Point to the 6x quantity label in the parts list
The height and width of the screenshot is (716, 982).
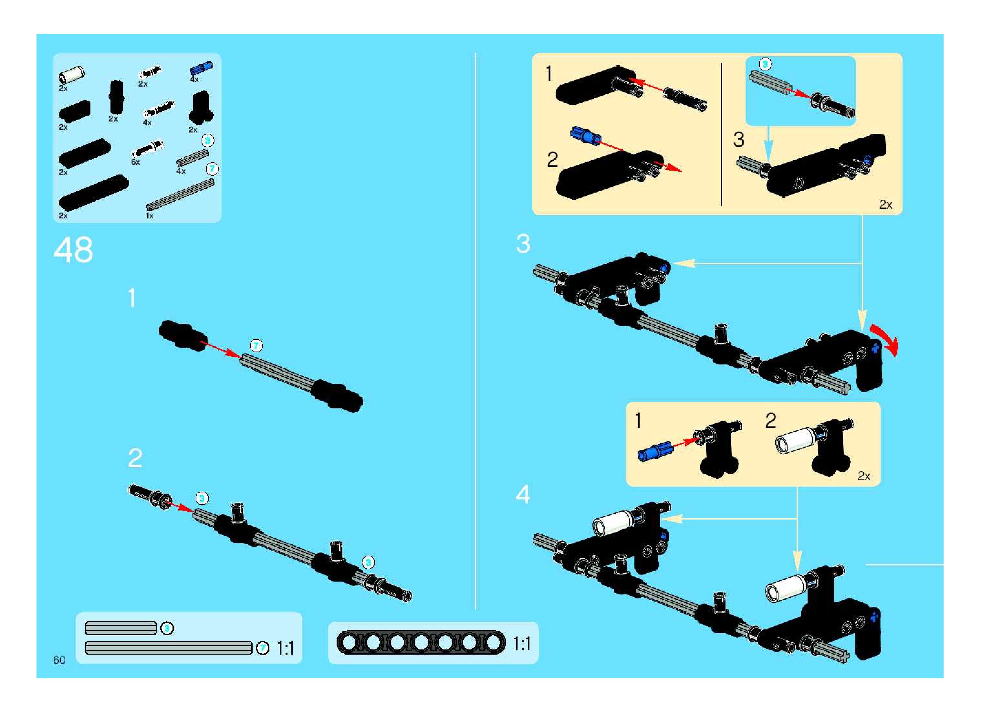(135, 162)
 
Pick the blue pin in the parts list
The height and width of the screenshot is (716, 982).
(201, 68)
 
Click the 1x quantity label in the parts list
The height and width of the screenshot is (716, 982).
(150, 216)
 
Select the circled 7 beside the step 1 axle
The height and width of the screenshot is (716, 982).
(256, 345)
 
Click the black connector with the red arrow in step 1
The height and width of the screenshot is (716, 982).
(183, 336)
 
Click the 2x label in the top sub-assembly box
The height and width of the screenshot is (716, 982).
(885, 205)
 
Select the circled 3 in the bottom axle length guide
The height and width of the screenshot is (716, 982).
(167, 628)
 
